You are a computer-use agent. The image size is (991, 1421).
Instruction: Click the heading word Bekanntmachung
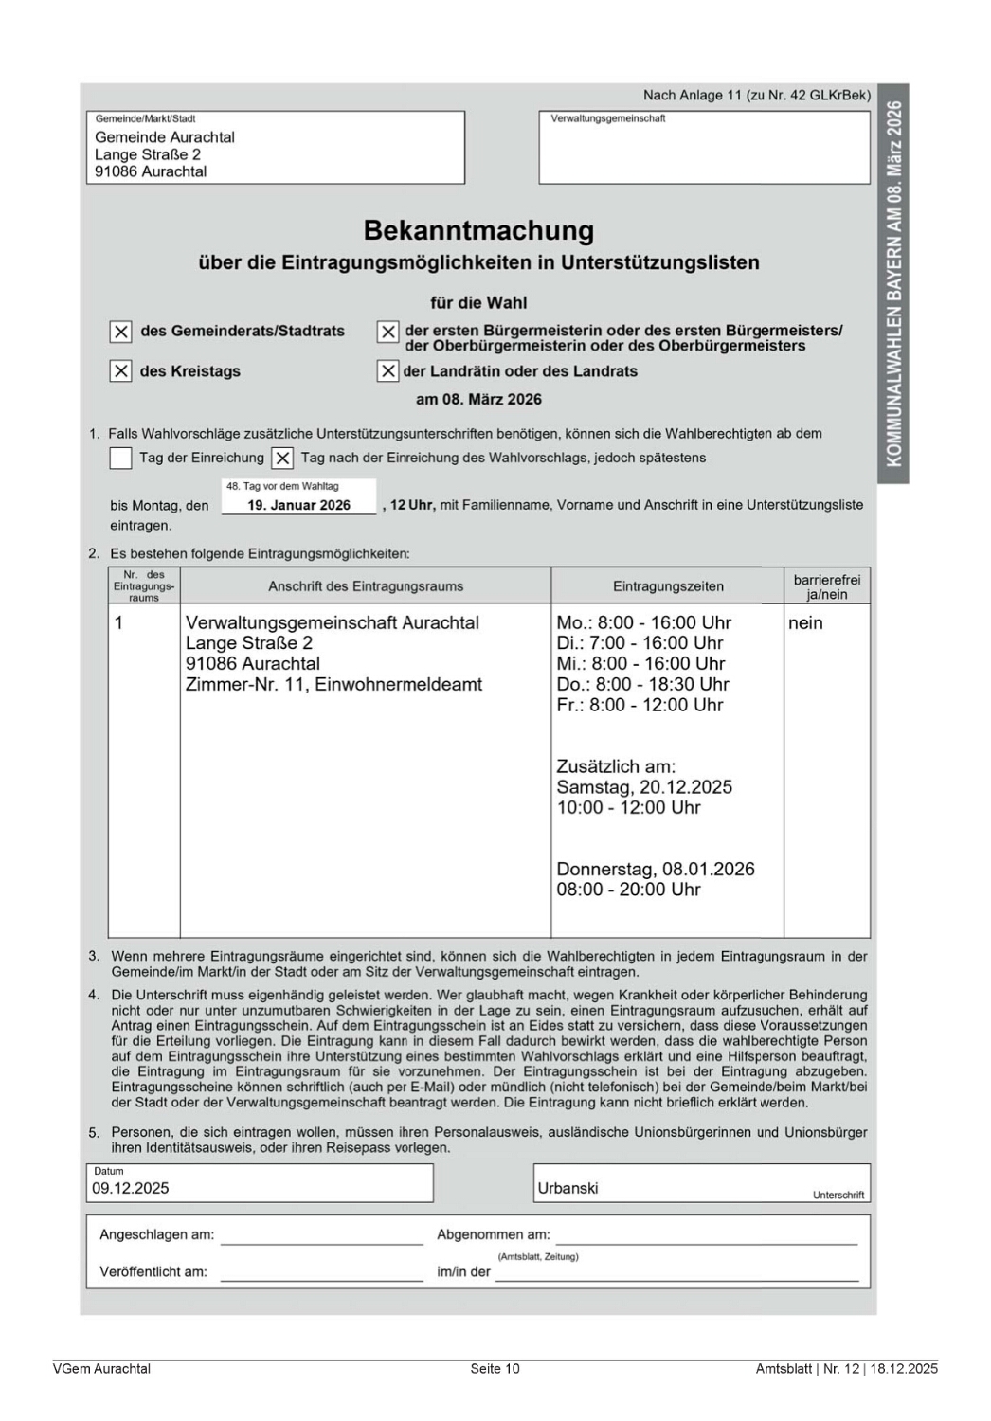tap(478, 231)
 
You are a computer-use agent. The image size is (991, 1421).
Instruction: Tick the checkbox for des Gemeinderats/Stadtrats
tap(120, 332)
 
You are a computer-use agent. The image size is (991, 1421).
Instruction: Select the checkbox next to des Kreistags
tap(120, 371)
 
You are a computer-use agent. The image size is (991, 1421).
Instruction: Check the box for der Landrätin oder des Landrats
tap(387, 371)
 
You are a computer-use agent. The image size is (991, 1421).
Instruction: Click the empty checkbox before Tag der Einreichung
tap(120, 459)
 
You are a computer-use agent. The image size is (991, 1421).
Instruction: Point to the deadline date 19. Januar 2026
tap(298, 505)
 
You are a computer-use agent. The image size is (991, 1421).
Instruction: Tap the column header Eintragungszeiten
tap(668, 586)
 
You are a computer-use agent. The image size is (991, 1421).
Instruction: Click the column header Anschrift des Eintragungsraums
tap(366, 586)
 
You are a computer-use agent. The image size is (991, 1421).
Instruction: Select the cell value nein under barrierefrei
tap(805, 623)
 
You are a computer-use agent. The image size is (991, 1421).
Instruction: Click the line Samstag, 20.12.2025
tap(644, 787)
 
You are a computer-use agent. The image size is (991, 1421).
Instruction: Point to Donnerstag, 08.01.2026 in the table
tap(656, 869)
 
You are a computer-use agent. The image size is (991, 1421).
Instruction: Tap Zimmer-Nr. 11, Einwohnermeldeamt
tap(333, 684)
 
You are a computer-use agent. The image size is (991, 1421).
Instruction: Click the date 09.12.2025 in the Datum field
tap(131, 1188)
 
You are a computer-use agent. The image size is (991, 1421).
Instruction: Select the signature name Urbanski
tap(568, 1188)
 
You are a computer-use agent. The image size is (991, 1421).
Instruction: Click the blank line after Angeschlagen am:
tap(321, 1235)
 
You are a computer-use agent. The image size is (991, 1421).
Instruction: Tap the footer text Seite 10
tap(495, 1368)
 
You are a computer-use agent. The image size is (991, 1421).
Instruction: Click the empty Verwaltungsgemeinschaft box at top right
tap(704, 152)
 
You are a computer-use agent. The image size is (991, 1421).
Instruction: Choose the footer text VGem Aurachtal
tap(101, 1368)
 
